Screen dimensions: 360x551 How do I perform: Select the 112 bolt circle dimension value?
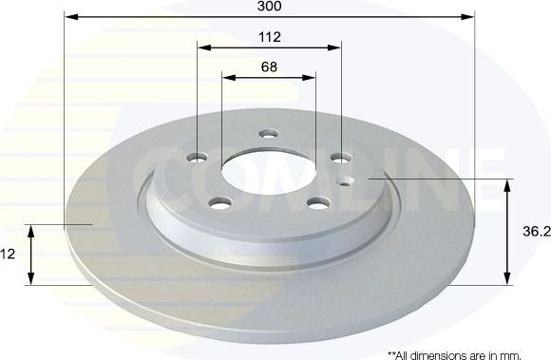270,37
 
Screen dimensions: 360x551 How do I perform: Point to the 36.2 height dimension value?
537,231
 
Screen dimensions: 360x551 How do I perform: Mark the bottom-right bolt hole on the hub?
317,201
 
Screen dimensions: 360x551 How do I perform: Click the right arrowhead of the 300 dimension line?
468,16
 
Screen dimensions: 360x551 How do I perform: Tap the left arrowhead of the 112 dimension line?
202,47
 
